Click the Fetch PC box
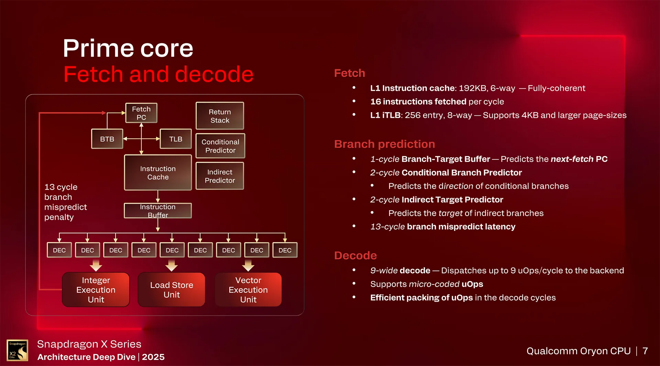141,113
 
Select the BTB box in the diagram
107,139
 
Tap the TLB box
176,139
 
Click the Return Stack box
220,116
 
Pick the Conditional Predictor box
220,146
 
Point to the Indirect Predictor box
220,176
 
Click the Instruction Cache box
158,173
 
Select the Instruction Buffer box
158,211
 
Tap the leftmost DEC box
59,250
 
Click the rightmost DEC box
285,250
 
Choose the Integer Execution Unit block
96,290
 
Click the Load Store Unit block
172,290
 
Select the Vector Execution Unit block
248,290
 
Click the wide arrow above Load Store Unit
172,265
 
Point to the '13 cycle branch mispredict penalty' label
65,202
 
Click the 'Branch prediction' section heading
384,144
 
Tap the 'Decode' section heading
355,255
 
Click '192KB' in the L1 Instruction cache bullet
472,88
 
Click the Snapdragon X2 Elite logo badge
17,350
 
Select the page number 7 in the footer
645,351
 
